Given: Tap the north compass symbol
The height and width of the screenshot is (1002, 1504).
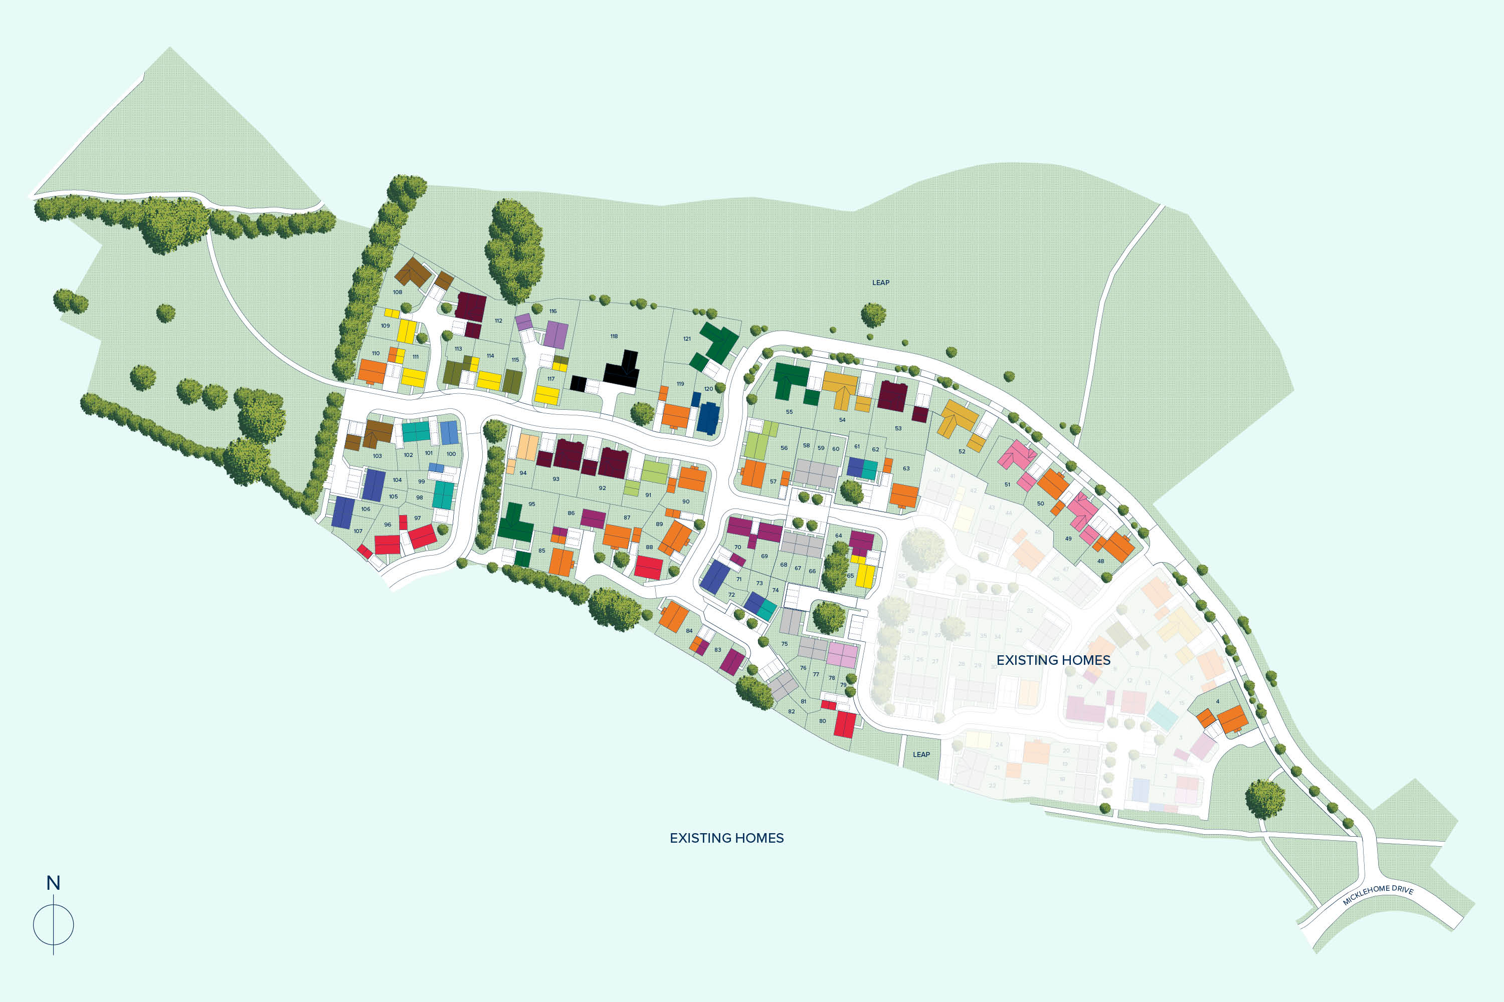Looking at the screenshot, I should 53,924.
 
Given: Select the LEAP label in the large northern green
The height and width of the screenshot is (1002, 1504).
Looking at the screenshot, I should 880,283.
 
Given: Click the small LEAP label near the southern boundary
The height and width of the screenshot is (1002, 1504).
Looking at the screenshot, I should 921,754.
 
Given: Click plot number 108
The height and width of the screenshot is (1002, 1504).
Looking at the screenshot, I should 397,292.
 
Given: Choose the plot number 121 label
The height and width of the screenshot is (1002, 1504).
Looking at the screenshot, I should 687,339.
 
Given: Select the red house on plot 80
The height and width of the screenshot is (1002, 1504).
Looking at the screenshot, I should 845,724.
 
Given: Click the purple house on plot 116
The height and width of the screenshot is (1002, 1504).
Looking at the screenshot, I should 555,334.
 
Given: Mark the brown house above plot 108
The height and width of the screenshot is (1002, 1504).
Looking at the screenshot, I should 413,273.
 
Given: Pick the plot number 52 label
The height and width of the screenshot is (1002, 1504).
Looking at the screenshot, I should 962,451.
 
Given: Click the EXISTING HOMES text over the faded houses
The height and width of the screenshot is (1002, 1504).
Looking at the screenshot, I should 1053,660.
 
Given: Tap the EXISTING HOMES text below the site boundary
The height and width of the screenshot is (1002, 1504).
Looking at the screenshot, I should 726,838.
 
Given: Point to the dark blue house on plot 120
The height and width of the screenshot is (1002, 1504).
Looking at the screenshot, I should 708,418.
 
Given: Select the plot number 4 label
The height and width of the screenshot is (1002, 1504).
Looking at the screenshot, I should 1218,702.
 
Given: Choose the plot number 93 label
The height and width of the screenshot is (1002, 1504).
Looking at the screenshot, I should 555,478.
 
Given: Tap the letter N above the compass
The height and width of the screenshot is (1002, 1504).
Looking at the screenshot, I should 53,883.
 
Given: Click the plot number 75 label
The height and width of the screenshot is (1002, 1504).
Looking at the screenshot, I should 785,643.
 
